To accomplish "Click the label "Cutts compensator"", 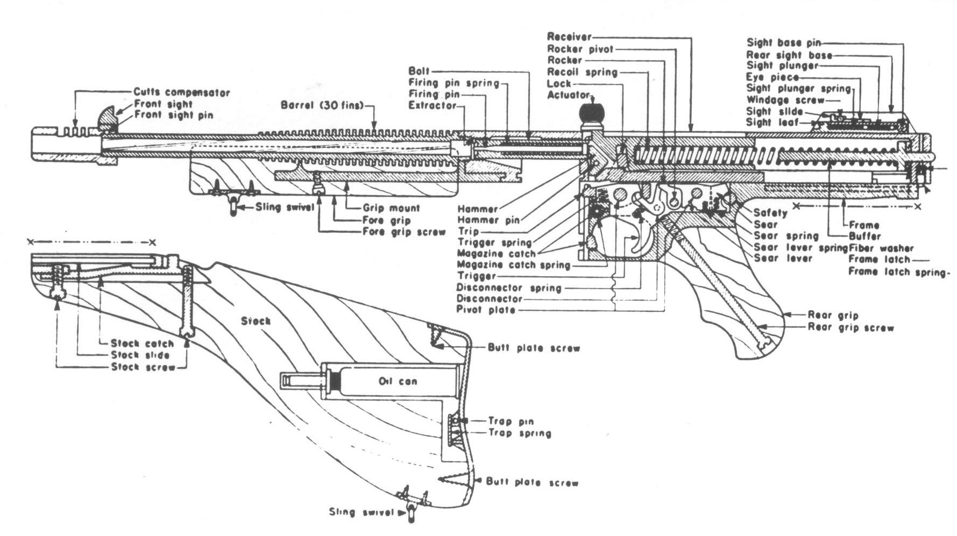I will (x=181, y=92).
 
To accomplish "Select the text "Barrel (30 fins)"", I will (x=322, y=105).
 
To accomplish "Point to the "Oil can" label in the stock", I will (x=398, y=381).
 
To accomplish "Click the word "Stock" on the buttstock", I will (x=256, y=321).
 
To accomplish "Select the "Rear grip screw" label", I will (x=850, y=327).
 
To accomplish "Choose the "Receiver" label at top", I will (x=569, y=37).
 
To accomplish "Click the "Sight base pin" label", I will (x=784, y=42).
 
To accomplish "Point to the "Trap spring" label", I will (x=520, y=433).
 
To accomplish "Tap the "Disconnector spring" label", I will (x=509, y=288).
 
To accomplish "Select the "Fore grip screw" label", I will (x=404, y=232).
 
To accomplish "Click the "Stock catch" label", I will (x=142, y=343).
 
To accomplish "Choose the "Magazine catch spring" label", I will (x=513, y=265).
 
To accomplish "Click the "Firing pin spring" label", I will (x=454, y=83).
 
